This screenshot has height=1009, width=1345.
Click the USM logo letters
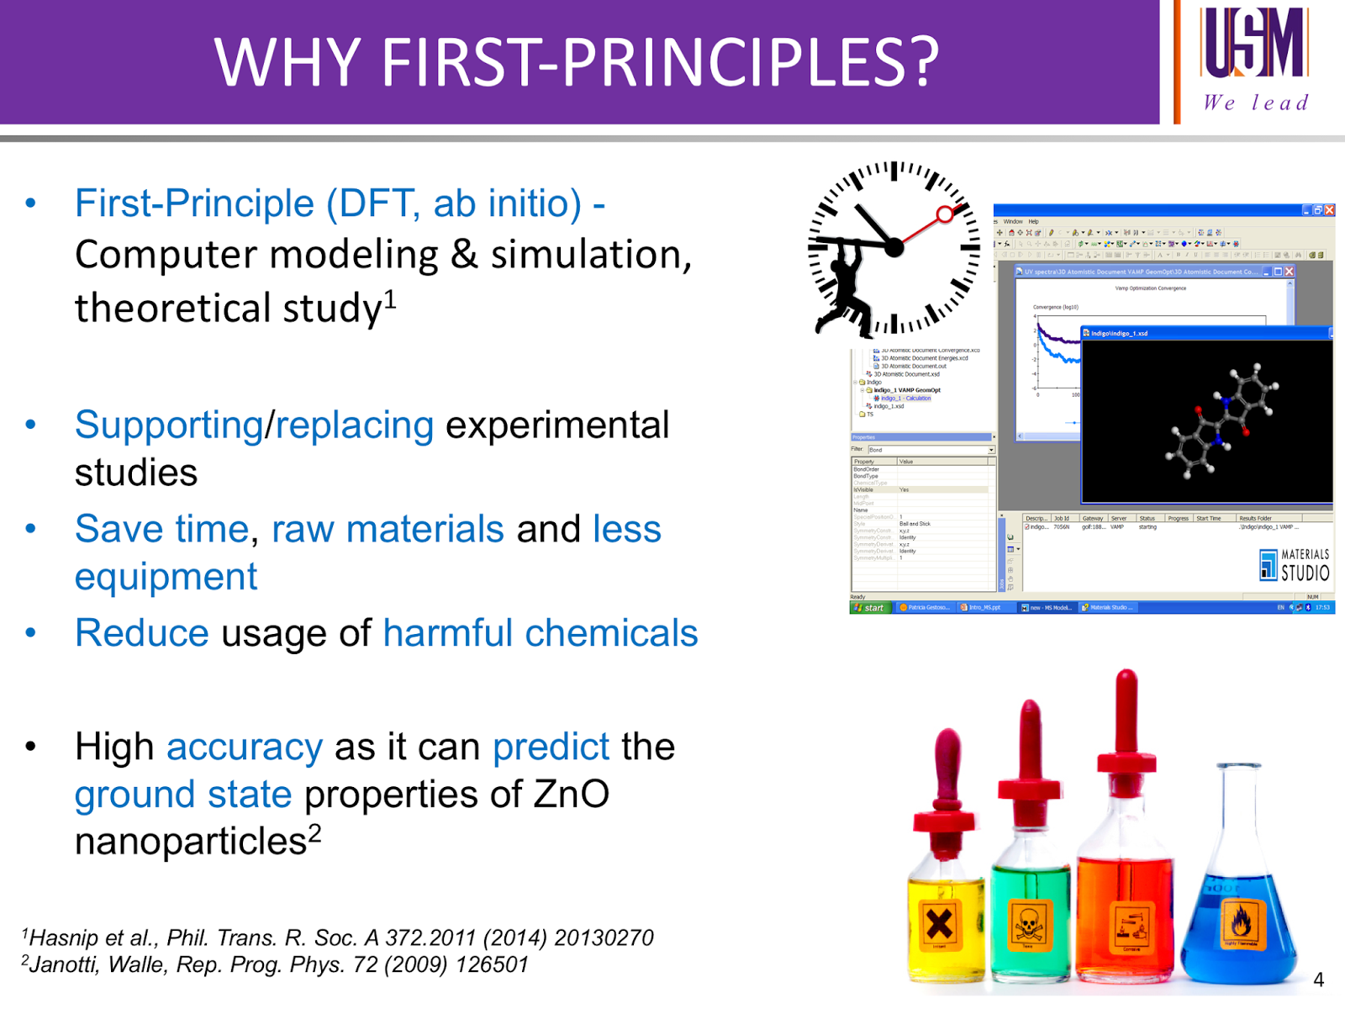point(1255,42)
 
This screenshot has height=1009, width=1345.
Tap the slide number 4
point(1318,980)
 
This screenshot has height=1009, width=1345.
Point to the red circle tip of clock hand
point(945,214)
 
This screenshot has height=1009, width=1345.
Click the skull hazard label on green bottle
point(1027,925)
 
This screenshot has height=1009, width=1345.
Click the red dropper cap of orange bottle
point(1126,723)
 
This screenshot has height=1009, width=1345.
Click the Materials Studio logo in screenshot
point(1295,566)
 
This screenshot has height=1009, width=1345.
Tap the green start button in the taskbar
point(869,607)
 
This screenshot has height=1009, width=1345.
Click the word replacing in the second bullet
point(355,425)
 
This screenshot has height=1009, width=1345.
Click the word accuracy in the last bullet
point(244,748)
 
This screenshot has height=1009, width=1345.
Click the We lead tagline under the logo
point(1255,103)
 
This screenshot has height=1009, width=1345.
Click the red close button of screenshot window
point(1329,210)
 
